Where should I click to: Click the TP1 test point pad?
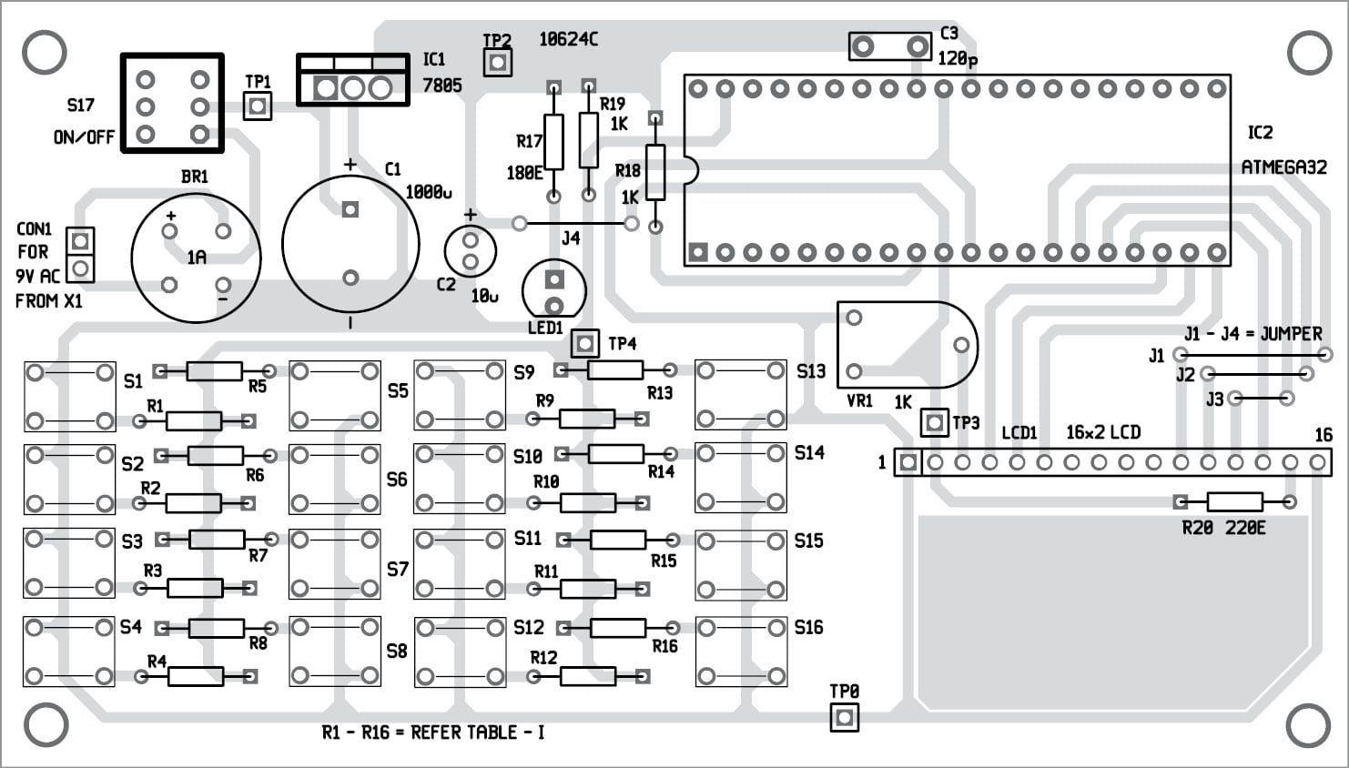point(258,106)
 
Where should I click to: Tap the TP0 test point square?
point(844,717)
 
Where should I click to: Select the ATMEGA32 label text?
point(1283,167)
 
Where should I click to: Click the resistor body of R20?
point(1234,501)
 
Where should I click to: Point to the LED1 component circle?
point(553,291)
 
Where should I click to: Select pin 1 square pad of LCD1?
point(907,462)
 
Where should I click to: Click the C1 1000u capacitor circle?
point(350,244)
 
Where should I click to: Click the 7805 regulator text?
point(441,86)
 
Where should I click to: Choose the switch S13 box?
point(740,395)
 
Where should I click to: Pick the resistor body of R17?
point(553,141)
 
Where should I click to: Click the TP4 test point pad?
point(585,343)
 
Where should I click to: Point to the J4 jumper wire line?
point(573,223)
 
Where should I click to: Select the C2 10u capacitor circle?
point(470,252)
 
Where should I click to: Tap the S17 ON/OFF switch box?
point(172,103)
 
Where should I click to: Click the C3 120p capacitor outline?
point(890,46)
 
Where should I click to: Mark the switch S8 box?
point(335,652)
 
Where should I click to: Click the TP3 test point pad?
point(934,422)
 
